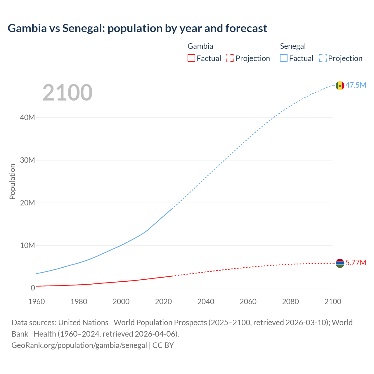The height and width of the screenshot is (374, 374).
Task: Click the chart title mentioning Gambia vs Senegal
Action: (x=137, y=28)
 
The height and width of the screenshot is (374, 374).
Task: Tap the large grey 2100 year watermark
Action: (x=67, y=93)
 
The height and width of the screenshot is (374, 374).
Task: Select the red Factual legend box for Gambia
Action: (x=191, y=58)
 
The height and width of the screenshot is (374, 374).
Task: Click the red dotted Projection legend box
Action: (x=230, y=58)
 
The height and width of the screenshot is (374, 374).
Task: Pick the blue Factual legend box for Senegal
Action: (x=284, y=58)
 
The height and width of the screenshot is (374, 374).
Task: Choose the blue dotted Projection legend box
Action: (x=323, y=58)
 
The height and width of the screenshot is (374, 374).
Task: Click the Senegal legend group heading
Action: (x=293, y=46)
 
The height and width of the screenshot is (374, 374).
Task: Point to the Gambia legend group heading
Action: (x=200, y=46)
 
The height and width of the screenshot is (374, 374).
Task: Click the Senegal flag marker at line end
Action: (x=340, y=86)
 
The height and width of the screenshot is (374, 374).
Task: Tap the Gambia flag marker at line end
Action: (x=340, y=263)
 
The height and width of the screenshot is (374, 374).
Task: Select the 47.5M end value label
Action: (x=356, y=85)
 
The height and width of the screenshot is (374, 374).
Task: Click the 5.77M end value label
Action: (x=356, y=263)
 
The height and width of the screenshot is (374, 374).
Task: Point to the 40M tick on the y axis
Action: (x=27, y=117)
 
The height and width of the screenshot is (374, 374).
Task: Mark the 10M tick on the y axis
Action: (x=27, y=245)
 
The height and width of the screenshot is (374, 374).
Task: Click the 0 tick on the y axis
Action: (x=33, y=288)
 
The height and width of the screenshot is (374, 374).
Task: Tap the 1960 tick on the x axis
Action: (x=37, y=302)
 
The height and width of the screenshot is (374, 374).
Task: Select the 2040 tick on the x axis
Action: (x=206, y=302)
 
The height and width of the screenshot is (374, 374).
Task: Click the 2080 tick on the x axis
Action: (x=290, y=302)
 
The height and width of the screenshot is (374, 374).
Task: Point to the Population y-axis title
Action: (x=12, y=181)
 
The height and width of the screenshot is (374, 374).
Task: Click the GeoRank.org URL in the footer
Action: (x=79, y=345)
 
